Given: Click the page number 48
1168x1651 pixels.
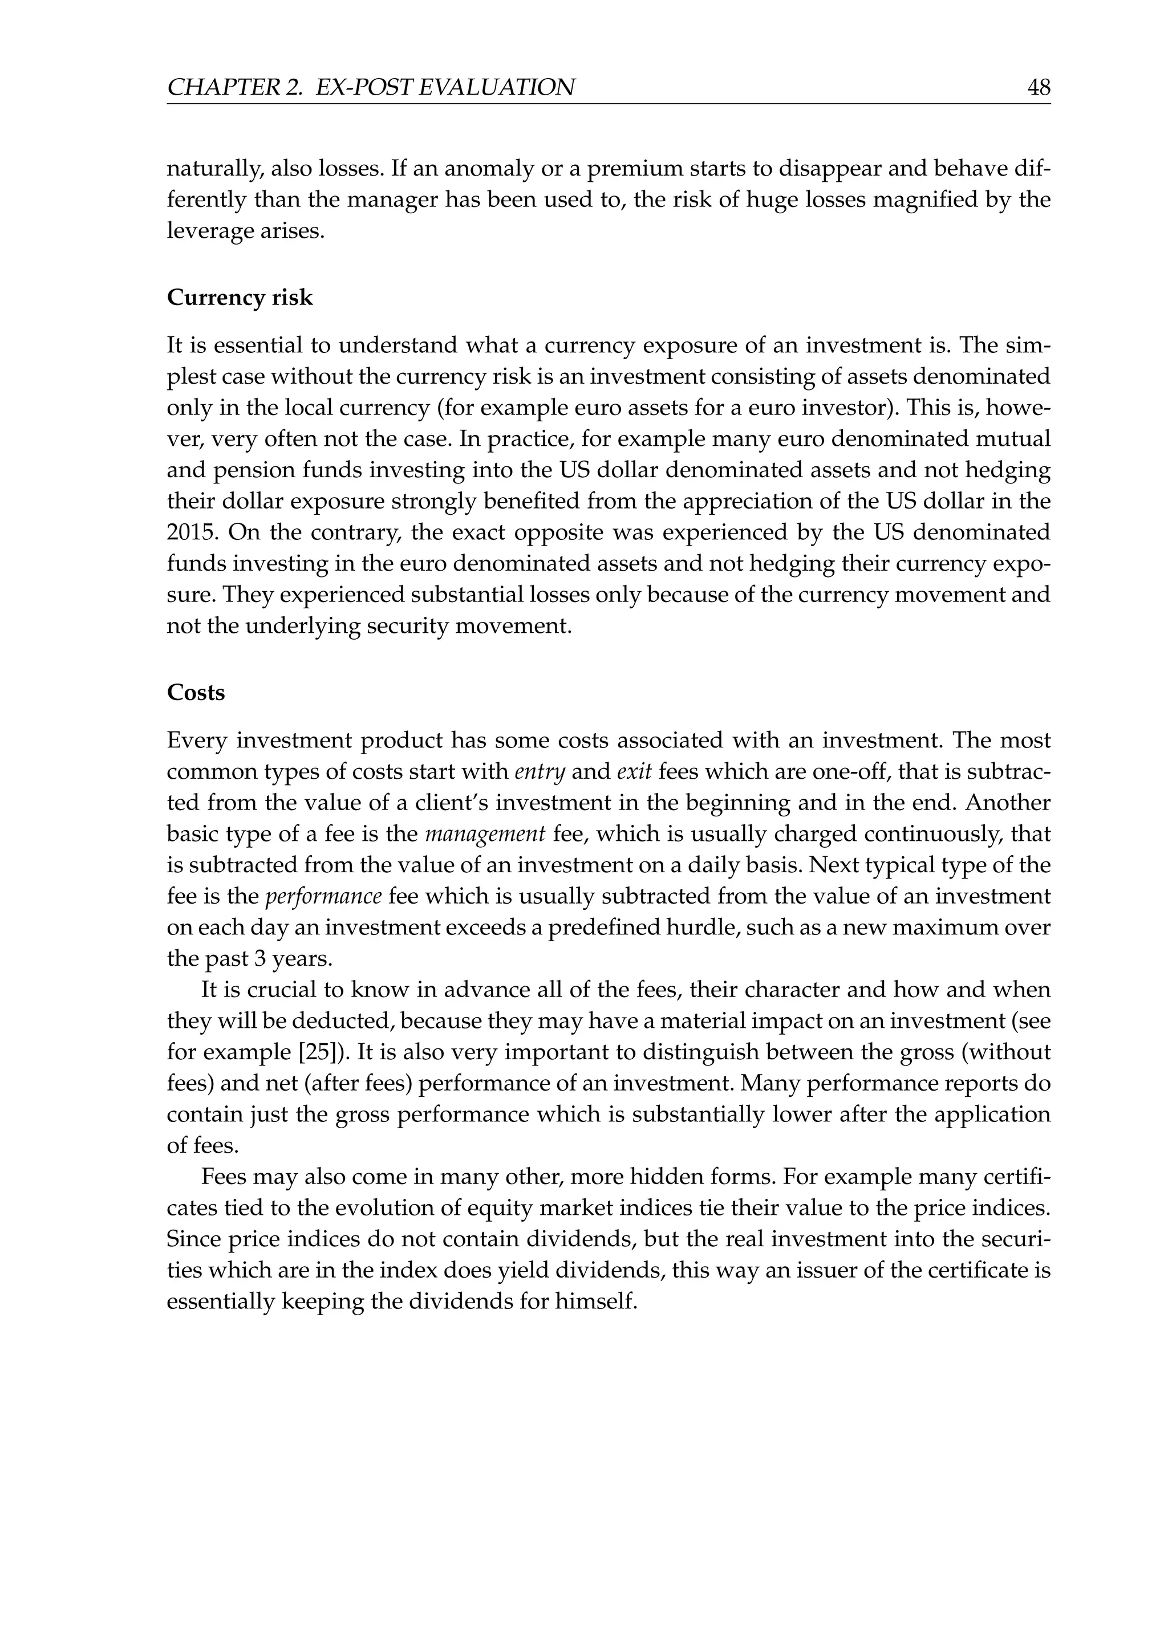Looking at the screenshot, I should coord(1039,88).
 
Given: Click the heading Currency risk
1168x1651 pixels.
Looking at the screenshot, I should coord(240,298).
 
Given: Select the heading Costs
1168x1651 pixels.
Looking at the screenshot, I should coord(196,693).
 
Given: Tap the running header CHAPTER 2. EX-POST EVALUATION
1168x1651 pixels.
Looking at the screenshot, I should coord(370,88).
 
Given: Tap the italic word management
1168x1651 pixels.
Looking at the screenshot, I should coord(485,834).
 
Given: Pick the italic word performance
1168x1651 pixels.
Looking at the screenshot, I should coord(323,897).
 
